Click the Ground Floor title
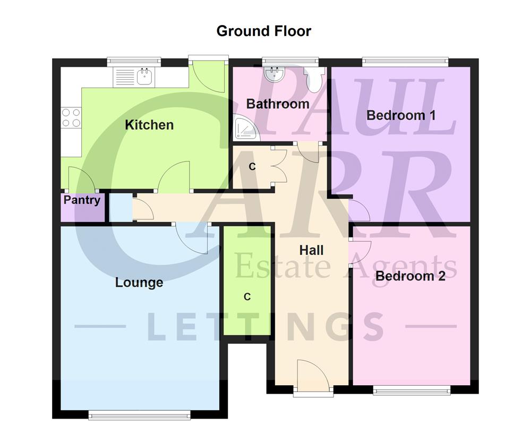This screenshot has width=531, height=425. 263,31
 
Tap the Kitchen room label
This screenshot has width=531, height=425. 149,125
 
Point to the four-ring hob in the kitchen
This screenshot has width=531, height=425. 71,117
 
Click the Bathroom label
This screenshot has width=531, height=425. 278,104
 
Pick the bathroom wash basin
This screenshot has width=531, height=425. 275,74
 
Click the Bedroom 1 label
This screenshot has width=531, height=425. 401,115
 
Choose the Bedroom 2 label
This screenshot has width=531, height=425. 410,276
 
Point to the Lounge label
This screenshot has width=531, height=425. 139,282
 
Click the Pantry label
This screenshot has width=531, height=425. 82,200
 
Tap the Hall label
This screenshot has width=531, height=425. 311,250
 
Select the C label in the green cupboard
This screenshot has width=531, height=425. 247,297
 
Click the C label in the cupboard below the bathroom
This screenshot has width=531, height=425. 252,167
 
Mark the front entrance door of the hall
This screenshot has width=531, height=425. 313,378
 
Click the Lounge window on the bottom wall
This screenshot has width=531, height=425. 140,414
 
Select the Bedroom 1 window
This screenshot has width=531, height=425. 405,62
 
